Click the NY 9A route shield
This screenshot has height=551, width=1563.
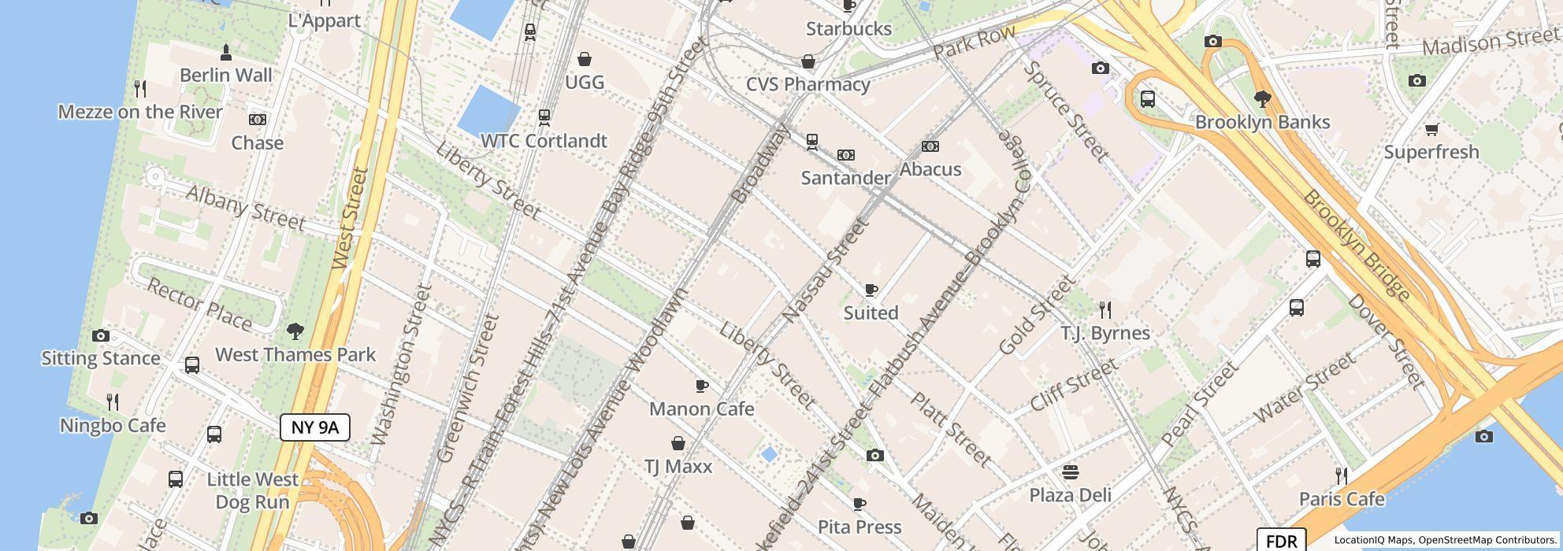[x=314, y=427]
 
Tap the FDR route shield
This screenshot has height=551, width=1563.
[x=1281, y=541]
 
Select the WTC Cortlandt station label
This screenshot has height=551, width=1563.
[x=544, y=141]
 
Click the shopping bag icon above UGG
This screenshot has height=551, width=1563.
[x=585, y=59]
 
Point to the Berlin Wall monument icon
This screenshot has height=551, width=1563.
[x=226, y=53]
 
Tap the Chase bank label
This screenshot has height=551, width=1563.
[x=258, y=142]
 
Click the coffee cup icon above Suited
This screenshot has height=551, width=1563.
[x=871, y=290]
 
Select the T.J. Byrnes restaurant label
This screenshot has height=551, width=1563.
[x=1105, y=333]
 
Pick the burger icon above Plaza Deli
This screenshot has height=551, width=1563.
[x=1070, y=472]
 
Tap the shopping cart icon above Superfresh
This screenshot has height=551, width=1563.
[x=1431, y=129]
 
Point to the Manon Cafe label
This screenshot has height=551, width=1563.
[x=701, y=409]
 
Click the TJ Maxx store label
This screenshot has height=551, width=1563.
[x=678, y=466]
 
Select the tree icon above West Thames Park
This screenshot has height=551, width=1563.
[x=295, y=331]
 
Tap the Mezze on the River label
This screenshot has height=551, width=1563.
[x=140, y=112]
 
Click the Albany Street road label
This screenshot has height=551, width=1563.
[x=245, y=209]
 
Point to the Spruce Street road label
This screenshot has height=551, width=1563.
[x=1065, y=110]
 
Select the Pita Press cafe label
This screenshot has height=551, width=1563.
[x=859, y=527]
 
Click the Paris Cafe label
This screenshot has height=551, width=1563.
[x=1341, y=499]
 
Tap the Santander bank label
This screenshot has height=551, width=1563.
[x=845, y=178]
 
